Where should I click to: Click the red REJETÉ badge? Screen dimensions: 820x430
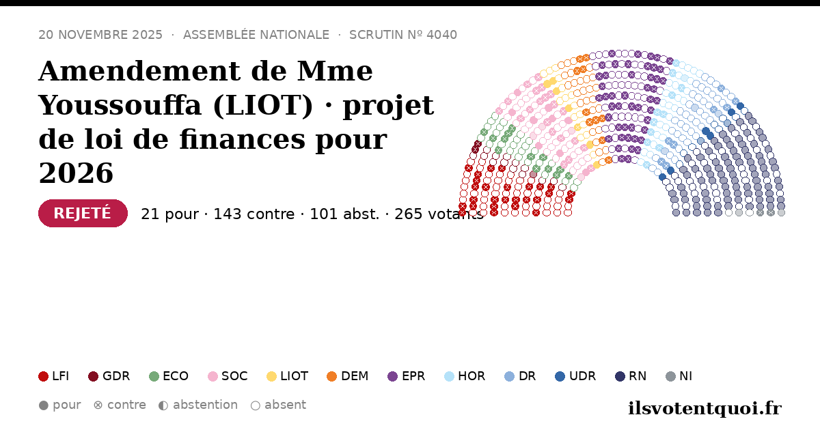83,213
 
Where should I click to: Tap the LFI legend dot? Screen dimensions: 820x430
43,376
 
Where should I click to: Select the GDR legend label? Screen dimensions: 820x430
116,376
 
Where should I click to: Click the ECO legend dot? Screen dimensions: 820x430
154,376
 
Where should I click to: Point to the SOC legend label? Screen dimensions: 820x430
234,376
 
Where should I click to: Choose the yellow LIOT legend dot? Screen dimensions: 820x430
271,376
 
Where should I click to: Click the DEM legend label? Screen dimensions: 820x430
355,376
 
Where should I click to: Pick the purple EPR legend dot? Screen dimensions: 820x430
392,376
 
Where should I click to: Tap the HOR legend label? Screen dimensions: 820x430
471,376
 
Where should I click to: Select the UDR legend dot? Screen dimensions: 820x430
560,376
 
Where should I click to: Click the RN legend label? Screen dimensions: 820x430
638,376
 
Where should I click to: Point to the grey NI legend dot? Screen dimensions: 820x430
670,376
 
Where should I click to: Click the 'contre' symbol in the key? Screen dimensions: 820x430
98,405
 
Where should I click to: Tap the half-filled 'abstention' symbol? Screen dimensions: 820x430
163,405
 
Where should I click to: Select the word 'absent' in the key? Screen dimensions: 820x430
285,405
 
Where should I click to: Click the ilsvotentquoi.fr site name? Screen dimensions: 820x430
705,408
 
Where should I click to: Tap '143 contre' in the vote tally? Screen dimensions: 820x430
254,214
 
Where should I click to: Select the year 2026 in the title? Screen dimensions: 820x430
76,173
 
